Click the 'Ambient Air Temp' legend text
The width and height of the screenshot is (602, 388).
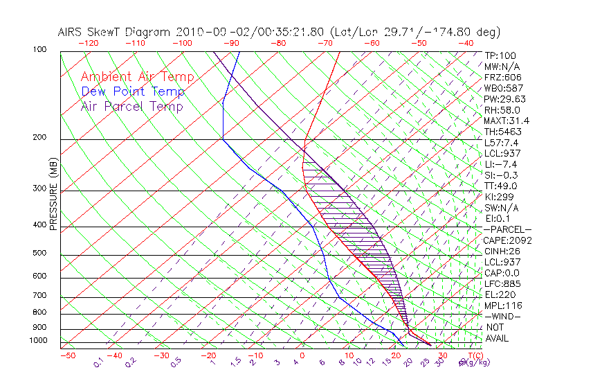(x=138, y=77)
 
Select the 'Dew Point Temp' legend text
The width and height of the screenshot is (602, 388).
(x=133, y=91)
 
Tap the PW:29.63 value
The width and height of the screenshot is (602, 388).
(x=505, y=99)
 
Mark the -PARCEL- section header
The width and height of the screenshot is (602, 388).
(x=508, y=229)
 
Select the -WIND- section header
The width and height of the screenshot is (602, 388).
(x=503, y=316)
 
